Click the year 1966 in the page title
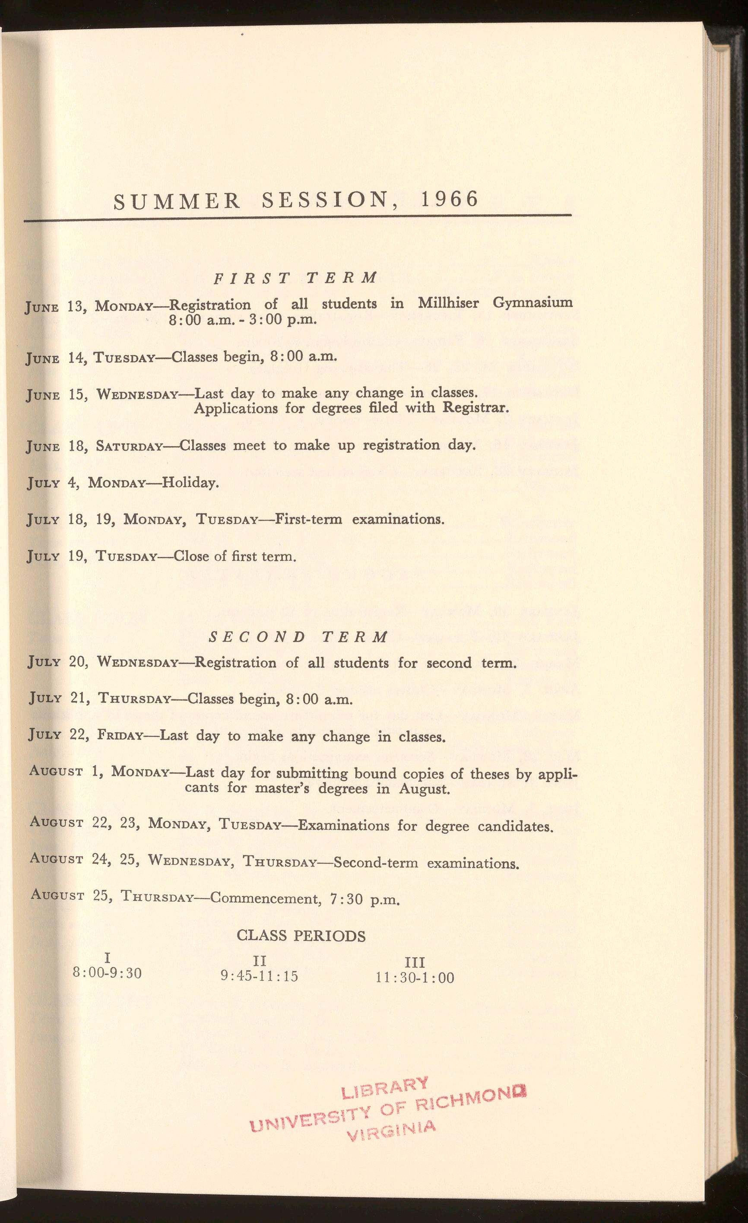(449, 199)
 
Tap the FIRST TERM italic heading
(295, 277)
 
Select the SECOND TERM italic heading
(298, 637)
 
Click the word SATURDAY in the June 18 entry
(129, 446)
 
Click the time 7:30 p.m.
(365, 899)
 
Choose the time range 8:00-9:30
(107, 973)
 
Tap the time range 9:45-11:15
(259, 976)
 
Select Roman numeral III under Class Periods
(415, 963)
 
